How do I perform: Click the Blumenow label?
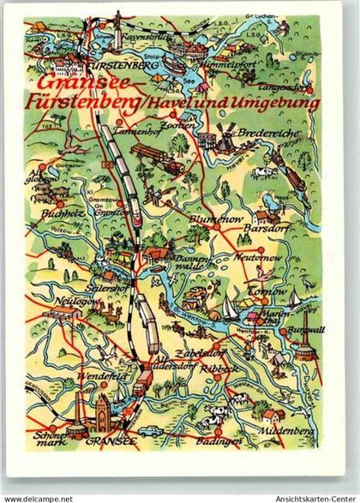pos(213,219)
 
